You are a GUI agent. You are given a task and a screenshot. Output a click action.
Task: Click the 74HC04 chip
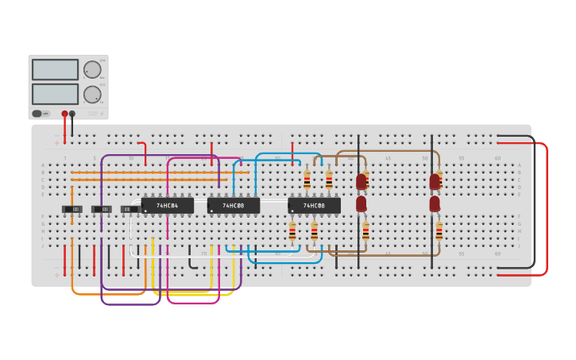(167, 206)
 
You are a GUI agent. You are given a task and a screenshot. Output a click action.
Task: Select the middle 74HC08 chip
(233, 206)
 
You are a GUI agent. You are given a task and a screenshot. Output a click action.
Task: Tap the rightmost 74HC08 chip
(314, 206)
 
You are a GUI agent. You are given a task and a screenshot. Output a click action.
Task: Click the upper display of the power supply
(55, 69)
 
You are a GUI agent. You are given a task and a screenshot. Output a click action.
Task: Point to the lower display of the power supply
(55, 94)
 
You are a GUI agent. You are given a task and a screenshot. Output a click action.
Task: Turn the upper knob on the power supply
(92, 69)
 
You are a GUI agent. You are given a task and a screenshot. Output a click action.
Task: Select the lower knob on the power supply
(92, 95)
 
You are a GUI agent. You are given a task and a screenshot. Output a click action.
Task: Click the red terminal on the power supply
(64, 114)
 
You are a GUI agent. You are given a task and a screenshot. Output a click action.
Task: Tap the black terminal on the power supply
(72, 114)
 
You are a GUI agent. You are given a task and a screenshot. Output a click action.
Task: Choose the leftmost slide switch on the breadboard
(72, 209)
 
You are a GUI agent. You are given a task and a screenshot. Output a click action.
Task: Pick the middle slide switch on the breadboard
(102, 209)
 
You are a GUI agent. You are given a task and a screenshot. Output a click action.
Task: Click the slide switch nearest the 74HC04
(130, 209)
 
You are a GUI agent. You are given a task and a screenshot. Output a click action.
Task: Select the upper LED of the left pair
(361, 182)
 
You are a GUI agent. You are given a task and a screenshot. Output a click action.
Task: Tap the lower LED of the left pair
(361, 204)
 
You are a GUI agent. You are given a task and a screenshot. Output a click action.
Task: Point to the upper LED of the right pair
(435, 182)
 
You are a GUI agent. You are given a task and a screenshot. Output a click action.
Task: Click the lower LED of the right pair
(435, 204)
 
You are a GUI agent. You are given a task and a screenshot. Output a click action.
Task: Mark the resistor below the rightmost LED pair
(439, 230)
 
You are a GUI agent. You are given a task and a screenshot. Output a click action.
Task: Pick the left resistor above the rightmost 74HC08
(307, 180)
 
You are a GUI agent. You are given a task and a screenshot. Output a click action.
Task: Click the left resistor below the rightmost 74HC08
(292, 230)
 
